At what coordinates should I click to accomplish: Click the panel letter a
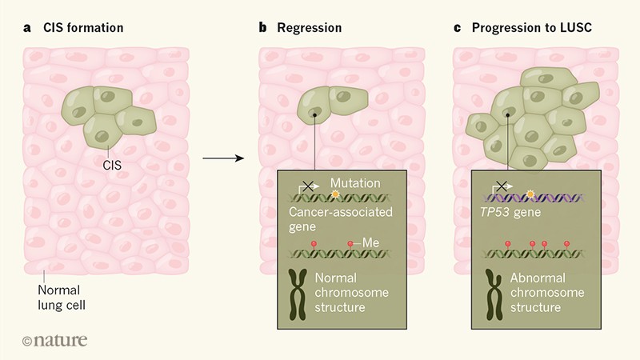pyautogui.click(x=26, y=28)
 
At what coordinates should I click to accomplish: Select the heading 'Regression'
pyautogui.click(x=309, y=28)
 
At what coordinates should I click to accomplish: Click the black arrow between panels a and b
pyautogui.click(x=223, y=158)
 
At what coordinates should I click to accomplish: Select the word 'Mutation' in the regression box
pyautogui.click(x=355, y=183)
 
